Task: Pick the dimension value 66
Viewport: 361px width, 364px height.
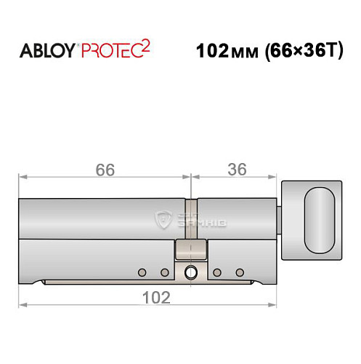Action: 105,170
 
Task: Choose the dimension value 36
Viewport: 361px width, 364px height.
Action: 236,170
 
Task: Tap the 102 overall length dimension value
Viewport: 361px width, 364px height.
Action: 155,296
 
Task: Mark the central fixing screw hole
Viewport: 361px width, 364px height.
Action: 190,273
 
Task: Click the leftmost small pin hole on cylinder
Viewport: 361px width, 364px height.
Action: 142,273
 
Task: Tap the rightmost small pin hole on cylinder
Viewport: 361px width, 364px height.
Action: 239,273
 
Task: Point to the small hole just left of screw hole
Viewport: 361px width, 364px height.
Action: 164,273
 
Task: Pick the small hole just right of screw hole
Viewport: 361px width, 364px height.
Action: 217,273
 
